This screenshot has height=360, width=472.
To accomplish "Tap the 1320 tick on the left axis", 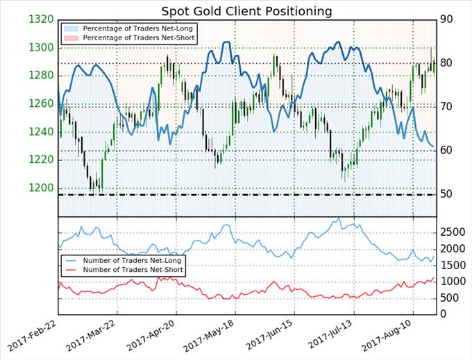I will click(x=41, y=19).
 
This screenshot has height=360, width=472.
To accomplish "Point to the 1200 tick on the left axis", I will click(x=41, y=188).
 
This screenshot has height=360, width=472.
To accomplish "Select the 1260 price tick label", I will click(x=41, y=104).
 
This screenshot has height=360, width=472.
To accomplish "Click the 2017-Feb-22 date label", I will click(x=35, y=336).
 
